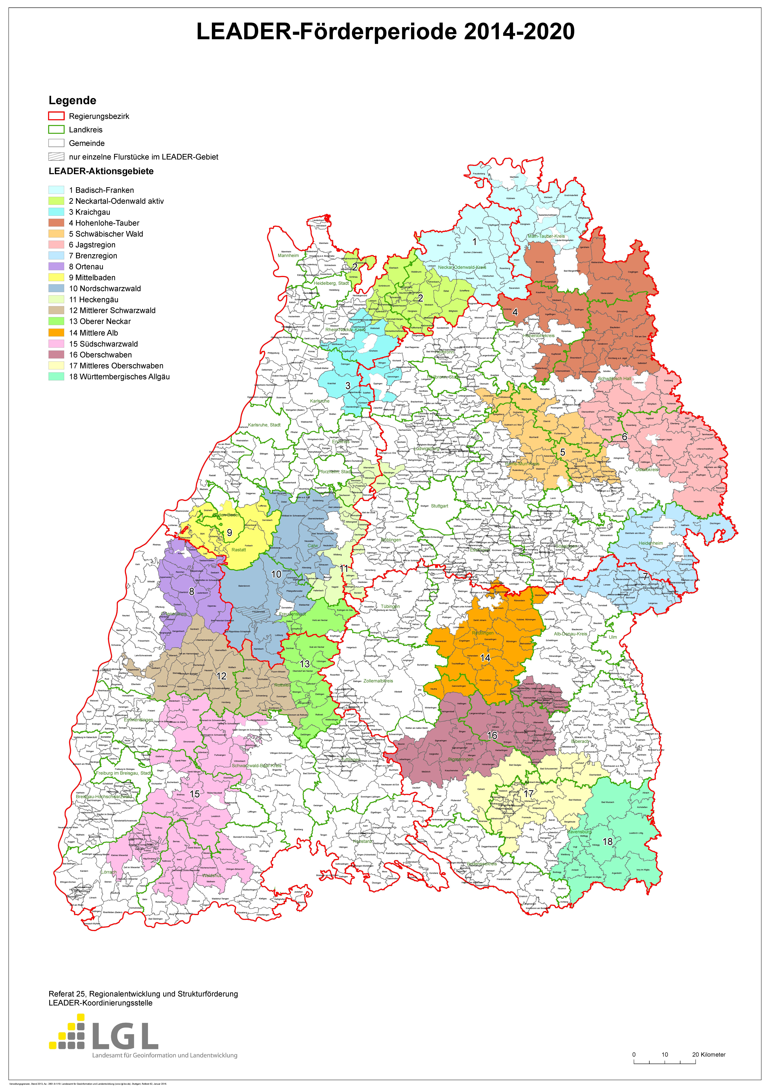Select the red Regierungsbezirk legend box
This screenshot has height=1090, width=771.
point(56,116)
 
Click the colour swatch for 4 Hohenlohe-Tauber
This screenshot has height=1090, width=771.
point(56,223)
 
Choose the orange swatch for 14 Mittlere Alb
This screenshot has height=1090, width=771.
point(56,332)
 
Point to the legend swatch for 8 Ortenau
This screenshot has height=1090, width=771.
point(56,266)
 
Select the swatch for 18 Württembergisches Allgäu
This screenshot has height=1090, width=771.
point(56,376)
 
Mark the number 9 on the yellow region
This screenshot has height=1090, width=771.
point(229,533)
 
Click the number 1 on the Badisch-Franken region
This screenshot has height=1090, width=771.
point(474,242)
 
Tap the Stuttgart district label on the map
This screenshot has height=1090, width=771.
point(439,506)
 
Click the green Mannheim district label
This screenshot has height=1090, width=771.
point(288,255)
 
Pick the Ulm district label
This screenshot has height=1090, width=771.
point(612,637)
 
